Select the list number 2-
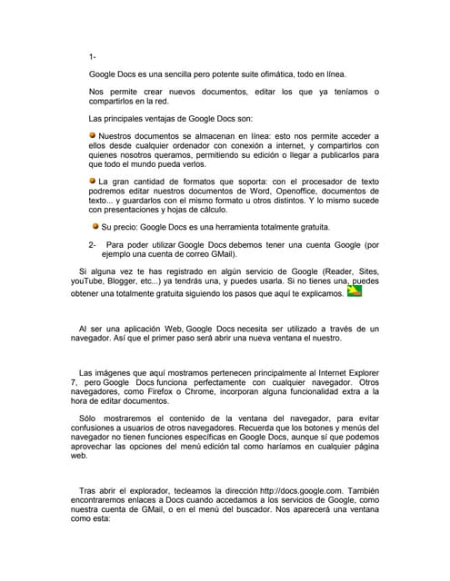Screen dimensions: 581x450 click(x=93, y=245)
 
